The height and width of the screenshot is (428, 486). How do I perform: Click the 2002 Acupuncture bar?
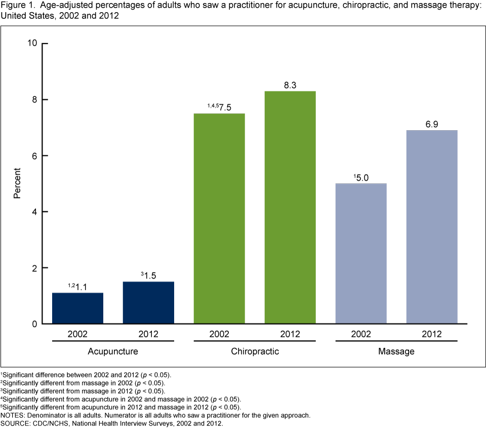(77, 308)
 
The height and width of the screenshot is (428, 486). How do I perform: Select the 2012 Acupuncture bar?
(148, 302)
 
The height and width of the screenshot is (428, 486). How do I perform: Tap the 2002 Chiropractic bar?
(219, 218)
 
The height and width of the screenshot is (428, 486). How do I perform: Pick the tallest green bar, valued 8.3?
(290, 207)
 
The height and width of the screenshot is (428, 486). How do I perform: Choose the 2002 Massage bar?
(361, 253)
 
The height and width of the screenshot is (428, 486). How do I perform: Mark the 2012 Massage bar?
(432, 227)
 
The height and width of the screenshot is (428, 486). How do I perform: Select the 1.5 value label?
(151, 276)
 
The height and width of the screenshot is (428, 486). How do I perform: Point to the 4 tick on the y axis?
(36, 212)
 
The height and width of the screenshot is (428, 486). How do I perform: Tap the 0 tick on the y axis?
(36, 324)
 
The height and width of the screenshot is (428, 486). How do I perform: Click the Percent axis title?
(17, 183)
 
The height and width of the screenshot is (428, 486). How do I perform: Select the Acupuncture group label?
(113, 351)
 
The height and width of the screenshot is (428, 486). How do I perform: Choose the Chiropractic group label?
(255, 351)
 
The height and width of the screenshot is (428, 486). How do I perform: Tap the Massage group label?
(396, 351)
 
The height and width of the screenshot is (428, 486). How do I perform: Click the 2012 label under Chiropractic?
(290, 334)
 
